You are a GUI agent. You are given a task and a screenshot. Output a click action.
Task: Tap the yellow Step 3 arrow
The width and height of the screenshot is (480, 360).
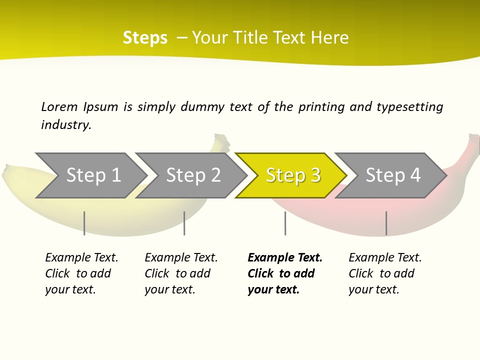click(292, 175)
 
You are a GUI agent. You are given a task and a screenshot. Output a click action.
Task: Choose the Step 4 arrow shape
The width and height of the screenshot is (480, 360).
click(392, 175)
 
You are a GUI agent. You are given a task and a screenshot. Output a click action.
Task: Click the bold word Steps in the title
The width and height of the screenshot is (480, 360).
click(145, 37)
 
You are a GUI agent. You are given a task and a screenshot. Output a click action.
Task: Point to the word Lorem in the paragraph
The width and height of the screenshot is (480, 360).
click(59, 106)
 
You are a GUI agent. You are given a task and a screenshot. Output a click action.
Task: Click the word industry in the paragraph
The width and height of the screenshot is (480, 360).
click(65, 124)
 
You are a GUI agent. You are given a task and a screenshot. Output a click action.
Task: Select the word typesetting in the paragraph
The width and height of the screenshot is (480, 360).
click(409, 106)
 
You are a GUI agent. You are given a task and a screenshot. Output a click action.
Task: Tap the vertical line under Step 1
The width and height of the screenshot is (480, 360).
click(84, 223)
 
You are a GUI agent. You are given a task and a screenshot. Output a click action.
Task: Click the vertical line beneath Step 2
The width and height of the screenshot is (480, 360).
click(184, 223)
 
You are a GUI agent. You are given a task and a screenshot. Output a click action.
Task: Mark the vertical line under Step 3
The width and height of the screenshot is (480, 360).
click(285, 223)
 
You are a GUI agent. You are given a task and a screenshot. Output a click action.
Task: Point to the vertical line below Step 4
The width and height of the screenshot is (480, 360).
click(386, 223)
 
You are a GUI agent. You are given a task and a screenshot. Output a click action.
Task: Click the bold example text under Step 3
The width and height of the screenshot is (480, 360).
click(284, 273)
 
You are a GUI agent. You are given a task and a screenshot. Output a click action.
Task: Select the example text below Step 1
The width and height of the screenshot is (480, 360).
click(81, 273)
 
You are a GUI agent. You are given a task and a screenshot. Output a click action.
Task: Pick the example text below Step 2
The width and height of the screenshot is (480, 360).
click(181, 273)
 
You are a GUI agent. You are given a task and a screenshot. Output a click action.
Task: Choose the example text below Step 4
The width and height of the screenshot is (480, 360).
click(385, 273)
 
